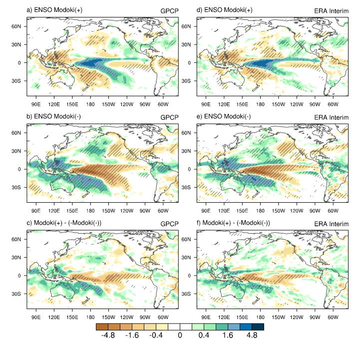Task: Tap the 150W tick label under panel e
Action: point(279,211)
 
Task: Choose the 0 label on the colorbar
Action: point(180,336)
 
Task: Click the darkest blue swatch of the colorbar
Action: point(258,326)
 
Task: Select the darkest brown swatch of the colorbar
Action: point(102,326)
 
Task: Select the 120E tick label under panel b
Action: point(54,211)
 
